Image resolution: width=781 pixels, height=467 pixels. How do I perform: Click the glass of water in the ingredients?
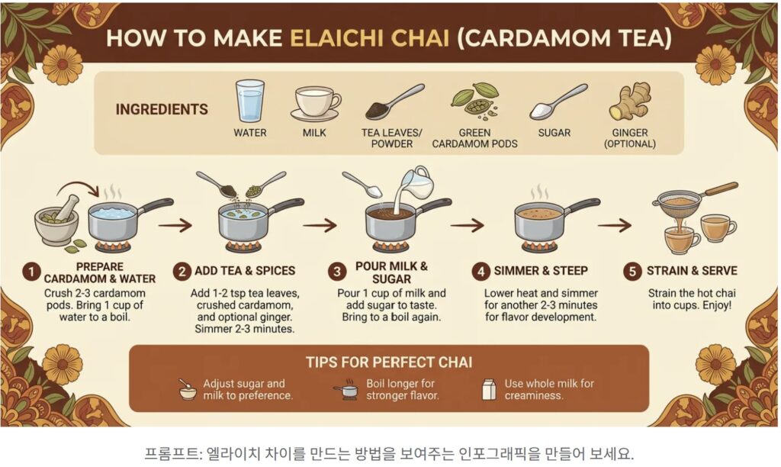(x=249, y=101)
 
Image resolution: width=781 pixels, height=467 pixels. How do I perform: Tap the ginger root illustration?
(x=629, y=101)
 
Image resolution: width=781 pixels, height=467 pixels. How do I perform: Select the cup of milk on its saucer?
(x=315, y=104)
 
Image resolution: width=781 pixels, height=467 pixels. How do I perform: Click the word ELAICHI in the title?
(x=369, y=38)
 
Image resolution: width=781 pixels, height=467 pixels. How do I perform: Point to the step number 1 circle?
(x=31, y=272)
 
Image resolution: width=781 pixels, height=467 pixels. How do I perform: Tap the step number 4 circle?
(x=480, y=271)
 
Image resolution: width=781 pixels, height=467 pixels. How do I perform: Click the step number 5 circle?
(x=632, y=271)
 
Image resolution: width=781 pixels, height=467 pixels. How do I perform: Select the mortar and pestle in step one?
(x=56, y=219)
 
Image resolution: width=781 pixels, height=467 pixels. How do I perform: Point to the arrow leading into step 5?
(x=615, y=225)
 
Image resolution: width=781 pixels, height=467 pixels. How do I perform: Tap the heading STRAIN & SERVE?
(x=692, y=271)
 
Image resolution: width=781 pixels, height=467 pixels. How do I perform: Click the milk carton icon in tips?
(x=489, y=389)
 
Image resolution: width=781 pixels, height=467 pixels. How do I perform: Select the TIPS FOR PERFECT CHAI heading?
(x=389, y=362)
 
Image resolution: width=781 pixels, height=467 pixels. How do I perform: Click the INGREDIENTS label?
(x=162, y=109)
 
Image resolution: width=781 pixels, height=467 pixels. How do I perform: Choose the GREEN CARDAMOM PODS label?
(x=474, y=138)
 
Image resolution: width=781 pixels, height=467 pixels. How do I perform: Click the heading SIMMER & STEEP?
(x=541, y=271)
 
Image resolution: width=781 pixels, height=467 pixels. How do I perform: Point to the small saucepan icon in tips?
(x=346, y=389)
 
